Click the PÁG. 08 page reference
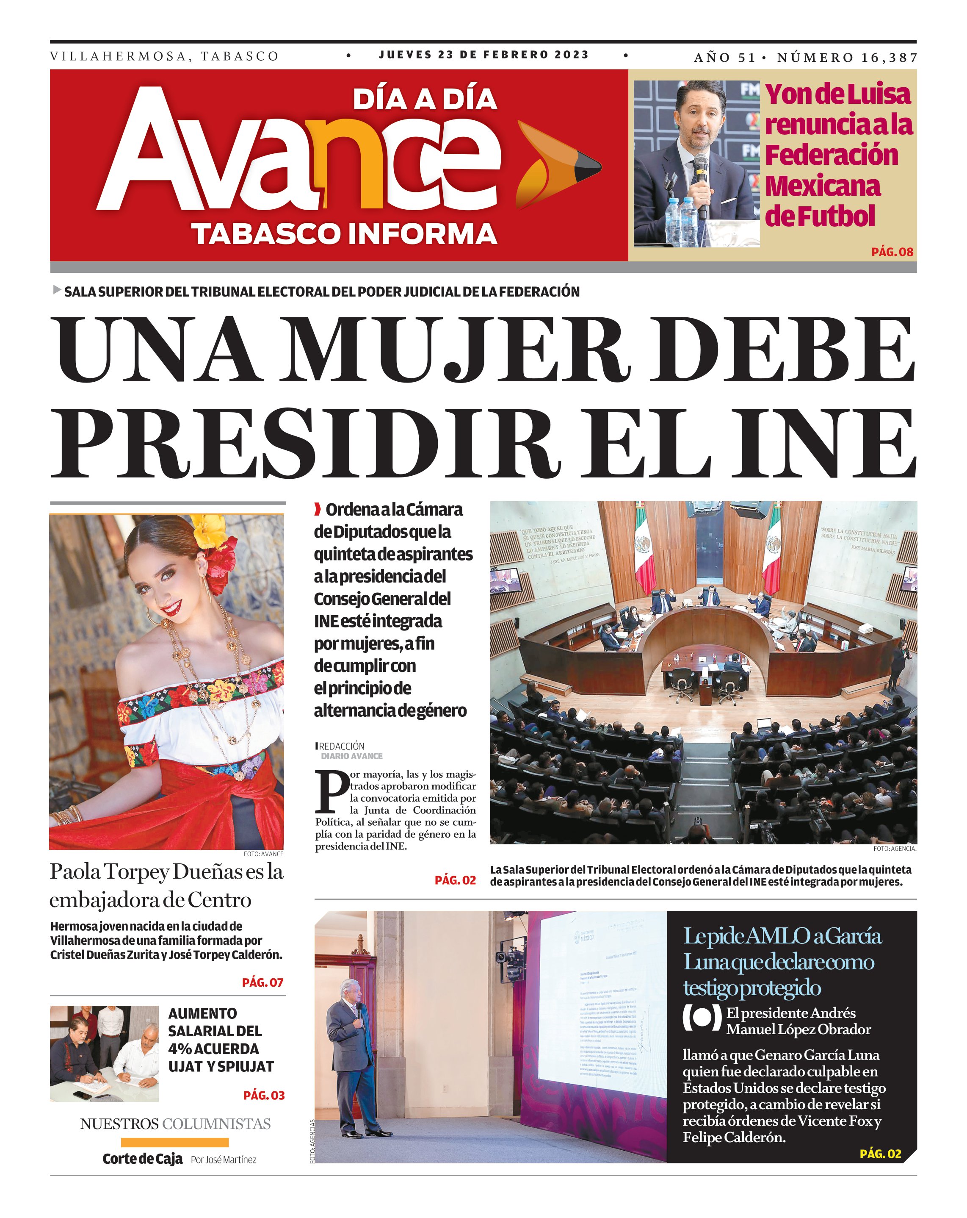tap(892, 252)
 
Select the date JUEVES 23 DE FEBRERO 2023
tap(484, 55)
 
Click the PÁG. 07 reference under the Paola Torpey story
tap(262, 982)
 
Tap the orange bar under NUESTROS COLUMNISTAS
tap(174, 1142)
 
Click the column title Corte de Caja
tap(142, 1159)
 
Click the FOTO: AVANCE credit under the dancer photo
tap(263, 854)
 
